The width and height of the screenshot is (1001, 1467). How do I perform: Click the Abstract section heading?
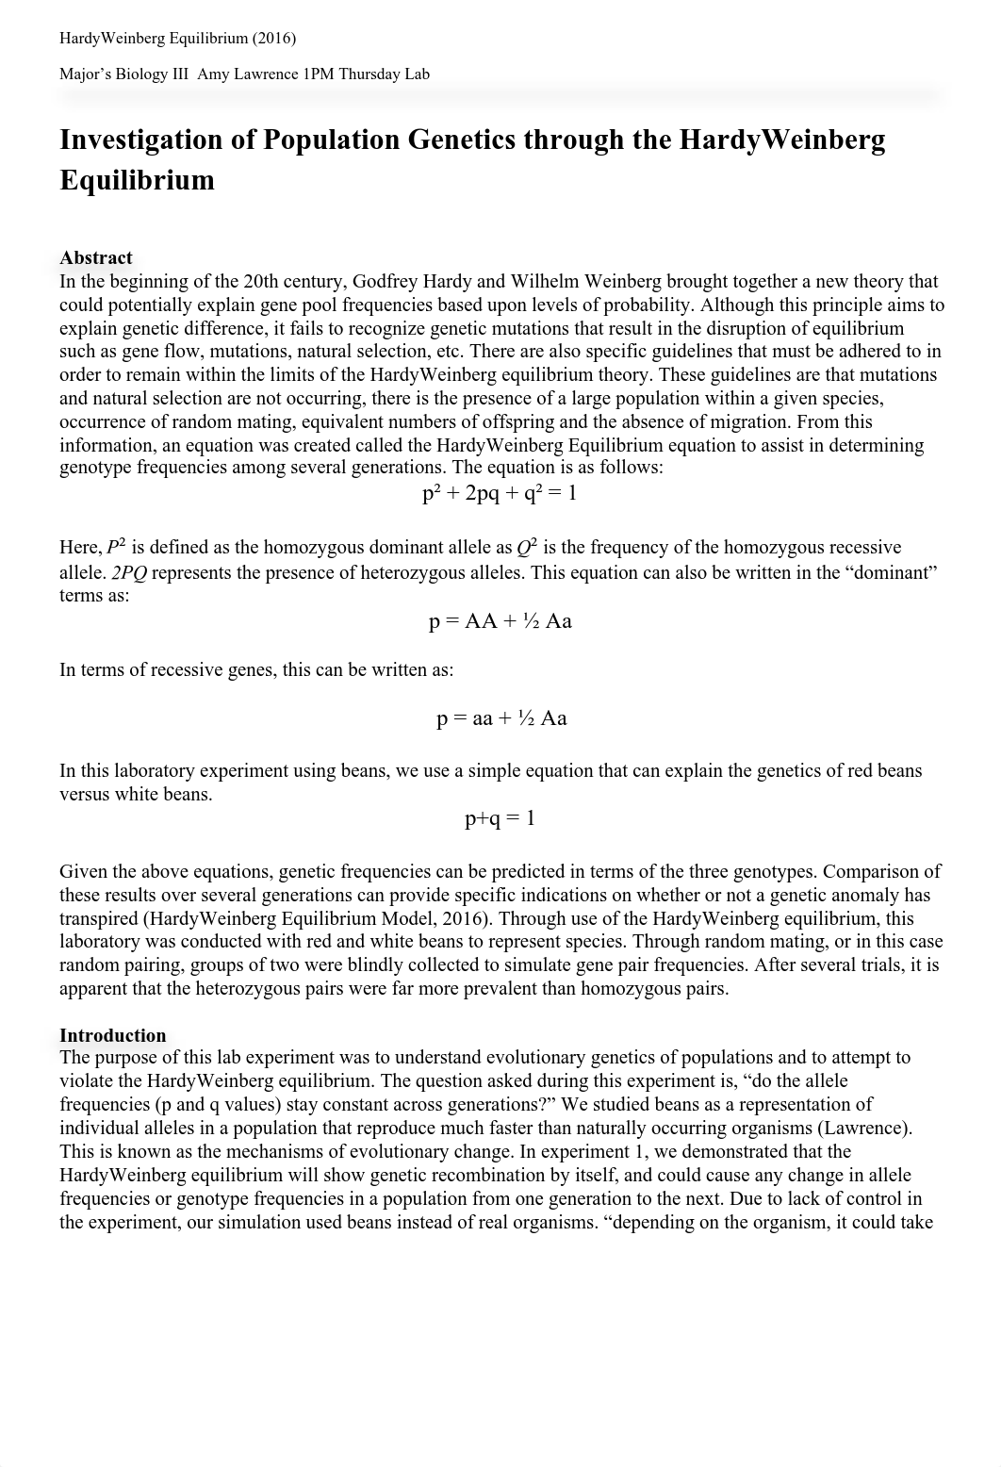point(96,258)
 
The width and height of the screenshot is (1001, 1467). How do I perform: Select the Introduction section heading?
point(113,1035)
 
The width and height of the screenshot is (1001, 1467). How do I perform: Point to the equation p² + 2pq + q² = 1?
point(500,493)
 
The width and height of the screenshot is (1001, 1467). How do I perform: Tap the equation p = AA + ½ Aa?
point(500,621)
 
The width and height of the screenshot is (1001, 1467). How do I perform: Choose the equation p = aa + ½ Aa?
point(501,718)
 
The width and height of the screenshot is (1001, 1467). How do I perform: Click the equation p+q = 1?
point(500,818)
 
